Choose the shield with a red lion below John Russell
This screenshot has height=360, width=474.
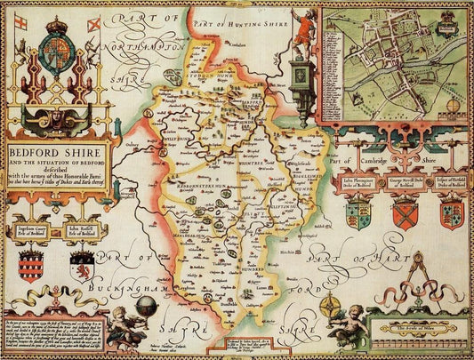click(79, 266)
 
